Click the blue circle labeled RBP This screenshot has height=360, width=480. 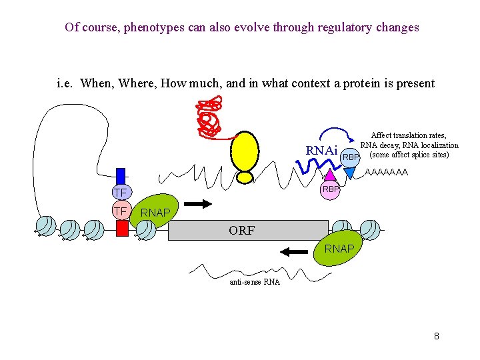351,157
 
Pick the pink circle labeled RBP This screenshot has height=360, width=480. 331,190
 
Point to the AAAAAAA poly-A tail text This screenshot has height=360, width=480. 387,173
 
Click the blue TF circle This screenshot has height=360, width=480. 121,193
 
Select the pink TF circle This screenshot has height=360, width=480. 121,211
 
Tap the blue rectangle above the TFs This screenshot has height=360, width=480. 121,175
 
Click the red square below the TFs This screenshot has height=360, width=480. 121,228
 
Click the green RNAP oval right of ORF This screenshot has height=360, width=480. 339,249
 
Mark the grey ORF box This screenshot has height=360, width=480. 241,231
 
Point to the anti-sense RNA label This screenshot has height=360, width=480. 254,282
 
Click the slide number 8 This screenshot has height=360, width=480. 436,336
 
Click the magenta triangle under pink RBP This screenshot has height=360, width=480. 331,174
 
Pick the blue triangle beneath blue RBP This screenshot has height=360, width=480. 349,173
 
